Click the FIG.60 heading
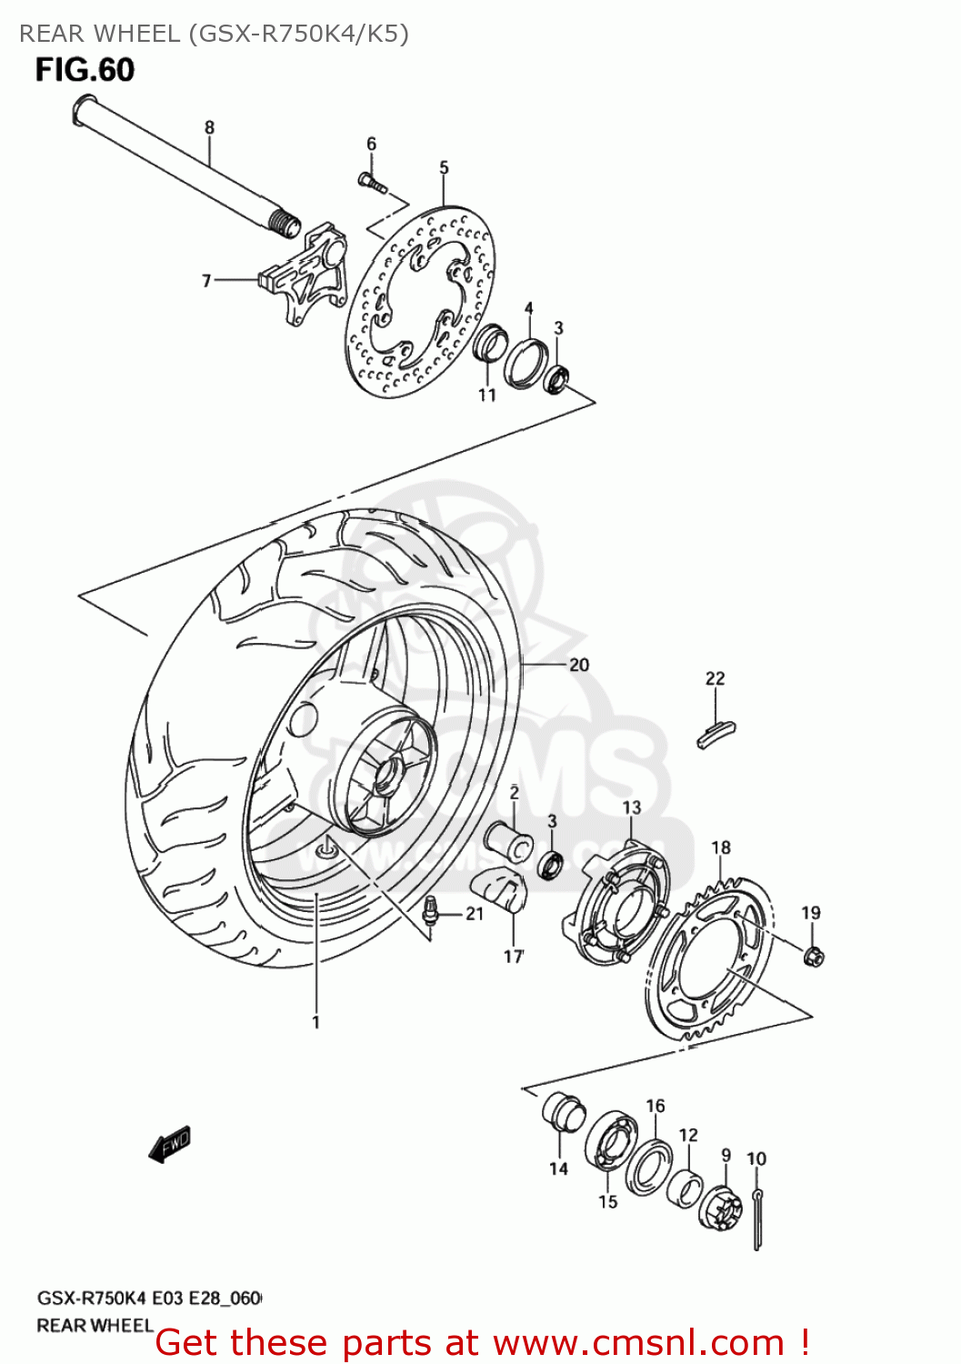point(85,70)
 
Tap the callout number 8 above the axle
point(209,127)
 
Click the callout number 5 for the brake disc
point(444,167)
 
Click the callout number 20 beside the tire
point(578,665)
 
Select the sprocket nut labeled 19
point(814,956)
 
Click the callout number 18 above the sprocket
point(720,847)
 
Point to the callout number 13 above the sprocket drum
point(631,807)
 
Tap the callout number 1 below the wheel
point(315,1022)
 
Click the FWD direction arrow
point(170,1142)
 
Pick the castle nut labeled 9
point(719,1205)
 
